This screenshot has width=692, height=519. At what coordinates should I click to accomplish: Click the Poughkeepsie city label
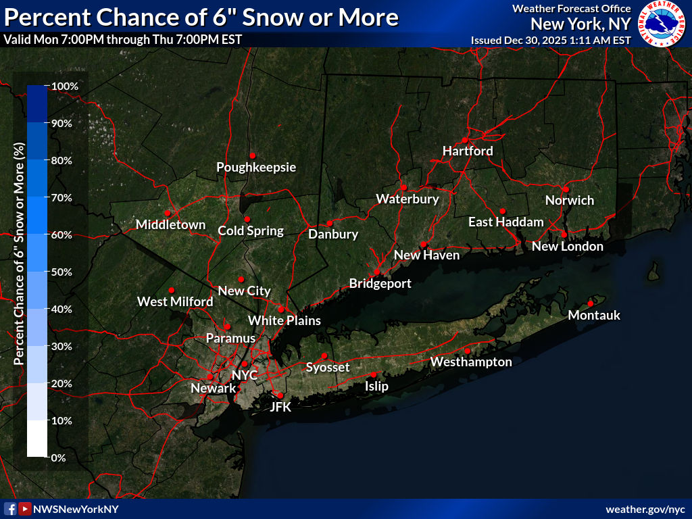pos(256,167)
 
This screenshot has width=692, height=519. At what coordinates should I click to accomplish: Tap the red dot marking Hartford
pos(465,140)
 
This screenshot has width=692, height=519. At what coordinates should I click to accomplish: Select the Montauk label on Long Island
pos(594,316)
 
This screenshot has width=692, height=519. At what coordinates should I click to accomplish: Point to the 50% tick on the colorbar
pos(48,272)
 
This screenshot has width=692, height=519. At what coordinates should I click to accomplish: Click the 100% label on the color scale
pos(66,86)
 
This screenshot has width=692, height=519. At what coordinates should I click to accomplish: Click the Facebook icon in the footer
pos(11,509)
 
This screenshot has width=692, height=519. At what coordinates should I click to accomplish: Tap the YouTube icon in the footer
pos(25,509)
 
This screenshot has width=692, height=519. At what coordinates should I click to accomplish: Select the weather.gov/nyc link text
pos(645,509)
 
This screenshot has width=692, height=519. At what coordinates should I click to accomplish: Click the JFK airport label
pos(280,407)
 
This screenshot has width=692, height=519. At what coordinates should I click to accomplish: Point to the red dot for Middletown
pos(167,213)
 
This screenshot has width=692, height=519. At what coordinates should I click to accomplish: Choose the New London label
pos(567,247)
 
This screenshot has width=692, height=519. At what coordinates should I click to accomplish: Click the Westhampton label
pos(471,362)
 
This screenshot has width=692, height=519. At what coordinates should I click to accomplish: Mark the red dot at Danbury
pos(329,223)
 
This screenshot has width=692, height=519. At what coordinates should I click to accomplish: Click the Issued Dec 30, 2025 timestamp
pos(551,40)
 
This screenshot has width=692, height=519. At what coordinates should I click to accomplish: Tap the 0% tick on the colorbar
pos(48,458)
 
